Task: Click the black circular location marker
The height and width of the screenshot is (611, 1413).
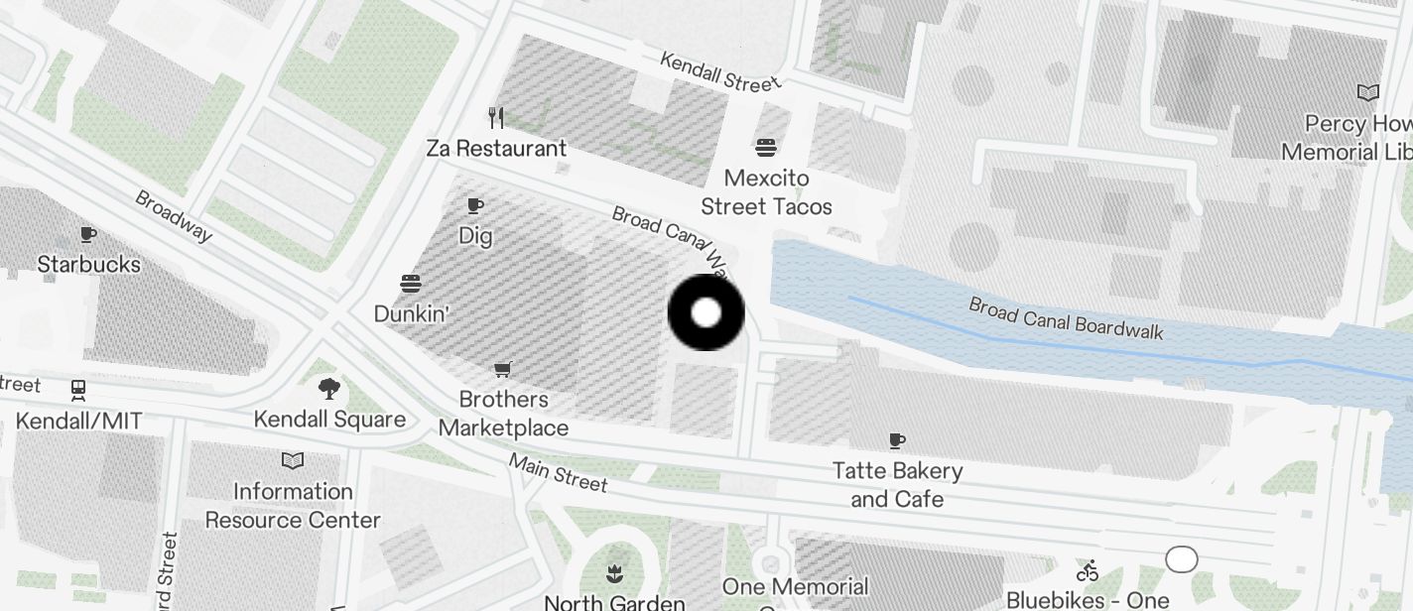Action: [x=706, y=312]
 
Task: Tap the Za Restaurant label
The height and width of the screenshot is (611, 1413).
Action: [x=496, y=149]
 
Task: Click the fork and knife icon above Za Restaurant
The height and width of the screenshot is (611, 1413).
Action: [x=496, y=118]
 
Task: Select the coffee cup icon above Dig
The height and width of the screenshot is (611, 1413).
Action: [x=475, y=205]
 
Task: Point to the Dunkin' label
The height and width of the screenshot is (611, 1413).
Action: [x=411, y=313]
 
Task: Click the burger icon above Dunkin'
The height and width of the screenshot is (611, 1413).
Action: [x=411, y=284]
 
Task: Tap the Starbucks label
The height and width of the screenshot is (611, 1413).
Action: [x=88, y=264]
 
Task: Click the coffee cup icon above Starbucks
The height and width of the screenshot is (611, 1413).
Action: [x=88, y=235]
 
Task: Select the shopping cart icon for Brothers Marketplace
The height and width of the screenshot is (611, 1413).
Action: [x=503, y=369]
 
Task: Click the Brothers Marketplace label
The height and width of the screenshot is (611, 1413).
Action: [x=504, y=414]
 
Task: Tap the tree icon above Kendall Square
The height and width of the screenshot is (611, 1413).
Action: [x=328, y=389]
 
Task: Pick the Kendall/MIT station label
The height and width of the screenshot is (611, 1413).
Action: [x=78, y=422]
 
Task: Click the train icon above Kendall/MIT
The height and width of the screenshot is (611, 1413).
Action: [x=78, y=390]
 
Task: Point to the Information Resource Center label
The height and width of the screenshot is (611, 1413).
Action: [x=293, y=506]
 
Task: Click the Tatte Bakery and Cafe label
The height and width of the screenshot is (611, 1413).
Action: [x=897, y=484]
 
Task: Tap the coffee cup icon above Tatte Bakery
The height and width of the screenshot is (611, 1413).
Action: [x=897, y=439]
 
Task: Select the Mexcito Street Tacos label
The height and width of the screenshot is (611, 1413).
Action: [x=766, y=192]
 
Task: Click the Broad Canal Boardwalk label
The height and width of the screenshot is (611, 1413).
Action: [x=1066, y=317]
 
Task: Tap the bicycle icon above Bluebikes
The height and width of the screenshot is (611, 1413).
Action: [x=1088, y=570]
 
